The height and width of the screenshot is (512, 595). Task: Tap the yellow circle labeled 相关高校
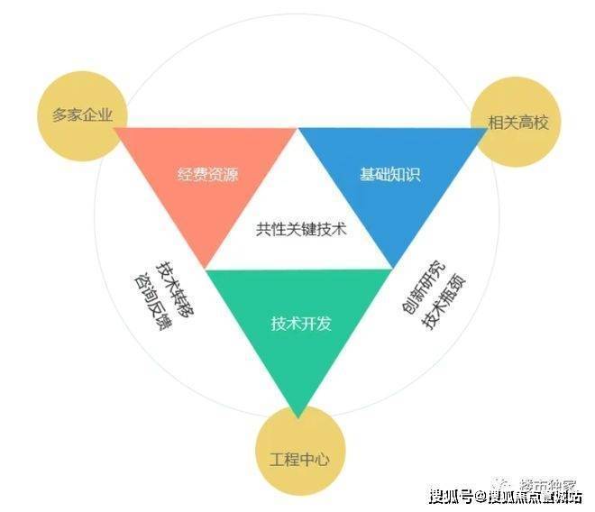tap(511, 121)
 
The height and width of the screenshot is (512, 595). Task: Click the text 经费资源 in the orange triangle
tap(208, 175)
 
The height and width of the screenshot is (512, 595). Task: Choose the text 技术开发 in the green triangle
tap(301, 323)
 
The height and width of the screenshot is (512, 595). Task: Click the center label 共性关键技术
tap(301, 229)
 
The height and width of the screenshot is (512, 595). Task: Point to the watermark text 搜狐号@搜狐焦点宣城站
tap(504, 495)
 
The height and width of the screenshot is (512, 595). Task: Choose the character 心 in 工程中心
tap(323, 459)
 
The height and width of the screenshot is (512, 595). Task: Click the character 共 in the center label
tap(264, 229)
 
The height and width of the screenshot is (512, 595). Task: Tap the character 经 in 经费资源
tap(185, 175)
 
